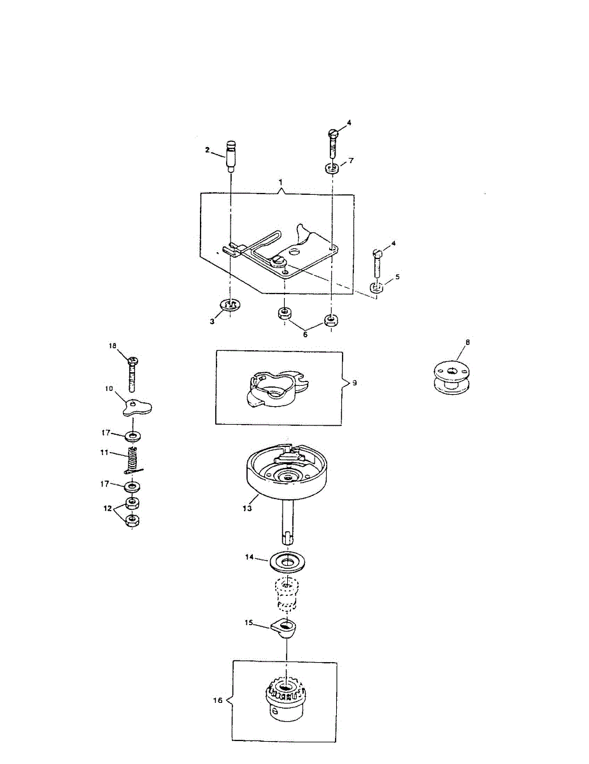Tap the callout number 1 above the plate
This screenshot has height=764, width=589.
tap(281, 182)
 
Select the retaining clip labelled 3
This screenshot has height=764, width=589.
tap(229, 306)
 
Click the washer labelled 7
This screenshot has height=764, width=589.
tap(332, 169)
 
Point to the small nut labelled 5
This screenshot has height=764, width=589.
tap(377, 288)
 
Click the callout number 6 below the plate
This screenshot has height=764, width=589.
tap(305, 334)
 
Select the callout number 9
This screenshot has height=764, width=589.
tap(355, 383)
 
